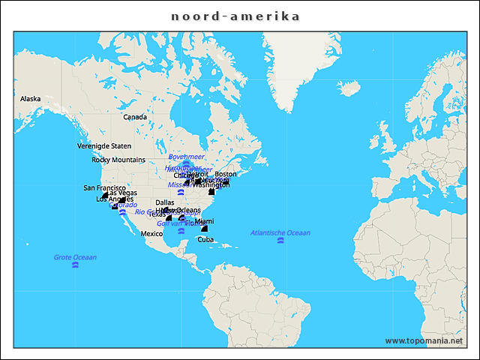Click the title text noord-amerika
235,16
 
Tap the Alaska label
31,99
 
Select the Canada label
135,117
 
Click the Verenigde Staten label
104,146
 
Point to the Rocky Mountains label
118,160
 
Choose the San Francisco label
105,188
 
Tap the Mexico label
152,234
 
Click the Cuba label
205,239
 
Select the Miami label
204,221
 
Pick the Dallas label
165,202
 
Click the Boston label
225,174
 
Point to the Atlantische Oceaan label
280,233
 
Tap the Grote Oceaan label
75,258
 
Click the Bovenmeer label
186,157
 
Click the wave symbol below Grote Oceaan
75,266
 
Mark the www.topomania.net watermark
424,340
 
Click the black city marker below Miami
204,228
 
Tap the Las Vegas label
121,193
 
